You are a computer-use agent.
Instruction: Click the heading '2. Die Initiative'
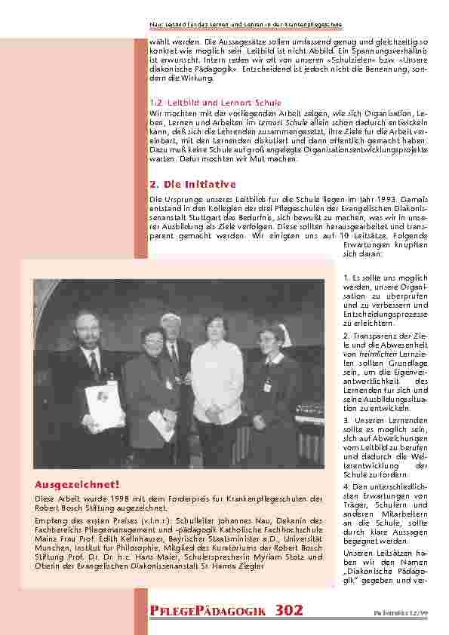[193, 184]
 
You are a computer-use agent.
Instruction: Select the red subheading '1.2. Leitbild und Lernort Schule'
[215, 102]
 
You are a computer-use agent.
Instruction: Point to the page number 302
[290, 611]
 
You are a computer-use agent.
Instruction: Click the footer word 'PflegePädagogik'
[208, 611]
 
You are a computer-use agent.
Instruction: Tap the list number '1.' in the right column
[346, 278]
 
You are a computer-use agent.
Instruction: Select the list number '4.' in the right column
[346, 488]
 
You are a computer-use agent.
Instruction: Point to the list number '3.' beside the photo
[346, 419]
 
